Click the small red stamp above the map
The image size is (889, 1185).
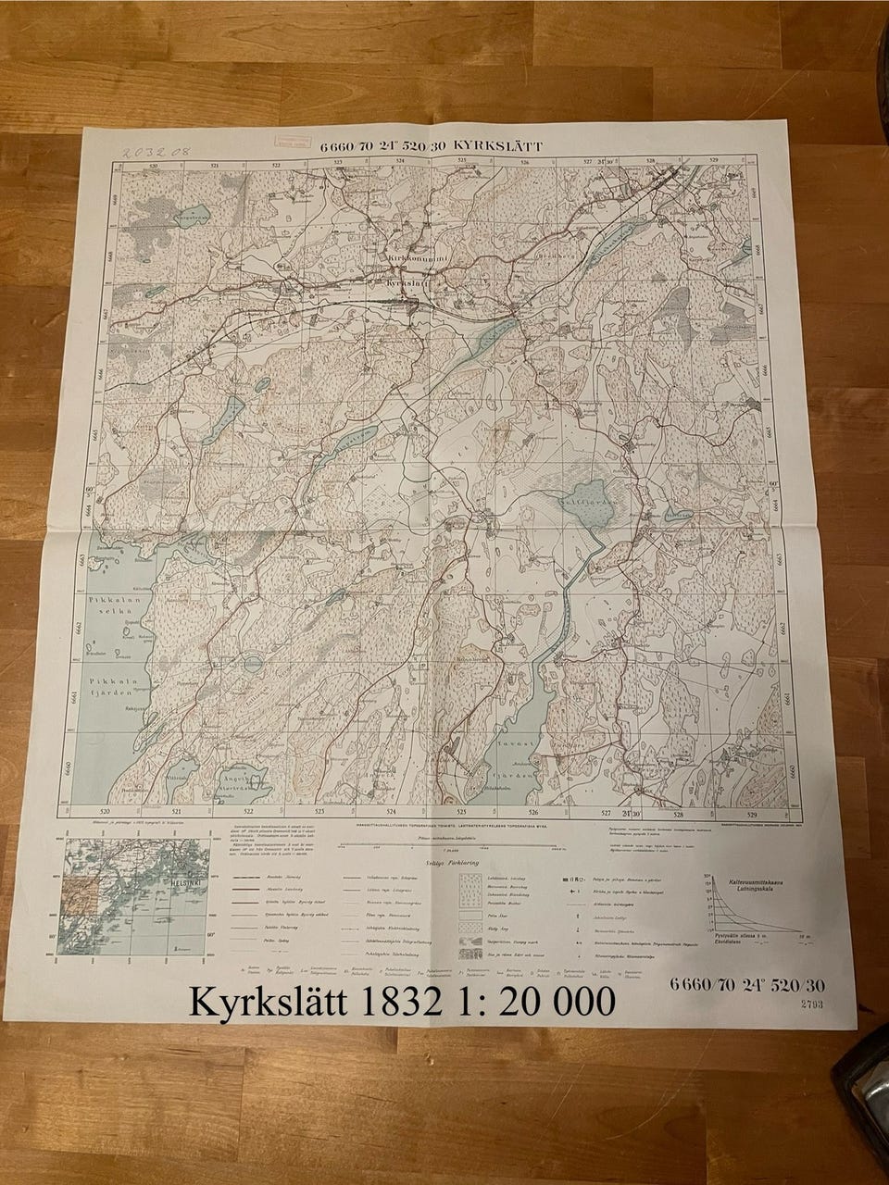[289, 140]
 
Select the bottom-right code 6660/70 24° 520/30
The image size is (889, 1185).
[746, 987]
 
